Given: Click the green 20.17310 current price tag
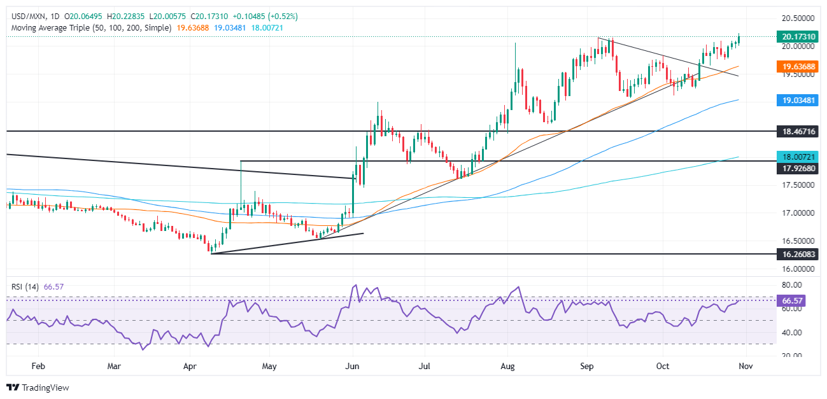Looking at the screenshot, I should click(x=800, y=37).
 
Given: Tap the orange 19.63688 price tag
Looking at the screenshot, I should click(x=800, y=66).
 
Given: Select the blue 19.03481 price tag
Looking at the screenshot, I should click(x=800, y=100).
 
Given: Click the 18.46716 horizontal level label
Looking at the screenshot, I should click(x=800, y=131).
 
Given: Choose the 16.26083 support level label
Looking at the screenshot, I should click(x=800, y=254).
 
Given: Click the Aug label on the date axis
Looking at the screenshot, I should click(x=507, y=367).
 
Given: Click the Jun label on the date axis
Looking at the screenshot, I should click(x=351, y=367).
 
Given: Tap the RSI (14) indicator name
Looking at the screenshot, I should click(x=25, y=287).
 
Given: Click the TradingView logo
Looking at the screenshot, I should click(x=38, y=387).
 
